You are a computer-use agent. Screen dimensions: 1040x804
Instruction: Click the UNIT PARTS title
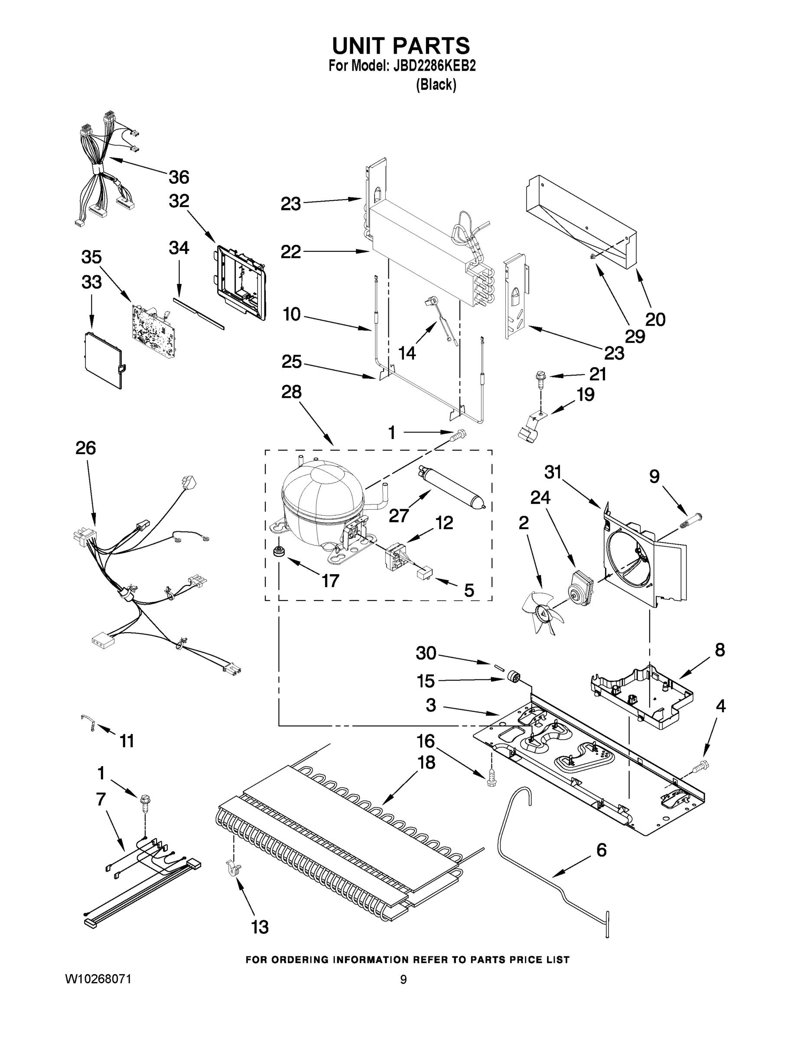pyautogui.click(x=401, y=46)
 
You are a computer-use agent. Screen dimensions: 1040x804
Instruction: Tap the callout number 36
pyautogui.click(x=179, y=177)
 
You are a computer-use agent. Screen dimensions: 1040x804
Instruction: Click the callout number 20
pyautogui.click(x=655, y=319)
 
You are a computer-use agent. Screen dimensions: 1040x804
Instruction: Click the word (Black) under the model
pyautogui.click(x=436, y=85)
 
